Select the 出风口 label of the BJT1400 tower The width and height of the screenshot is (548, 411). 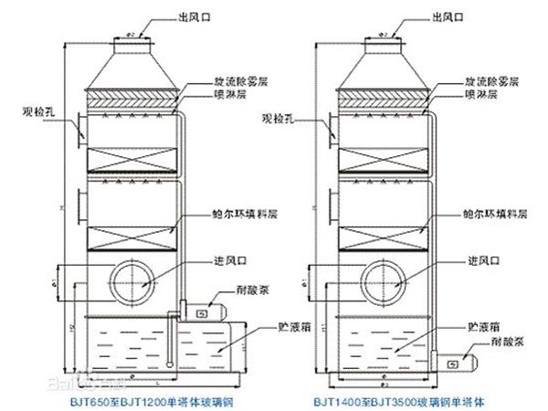pyautogui.click(x=458, y=16)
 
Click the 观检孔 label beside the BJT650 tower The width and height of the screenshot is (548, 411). pyautogui.click(x=38, y=113)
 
